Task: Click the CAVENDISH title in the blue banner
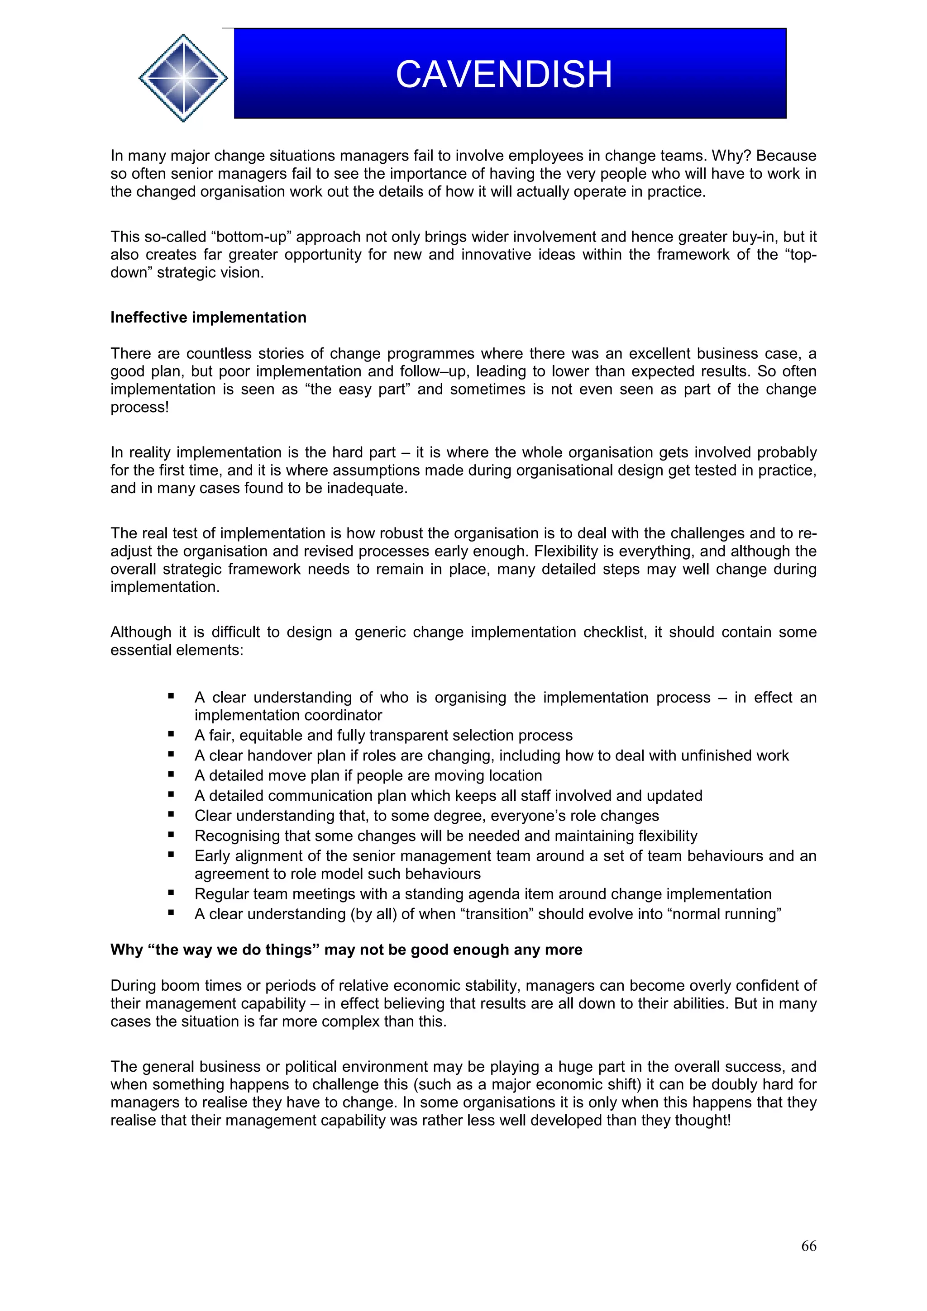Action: [503, 75]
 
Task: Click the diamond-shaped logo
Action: [183, 78]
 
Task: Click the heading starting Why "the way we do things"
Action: [346, 950]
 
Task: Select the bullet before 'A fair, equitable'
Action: [171, 734]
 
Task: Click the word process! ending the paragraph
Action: [139, 407]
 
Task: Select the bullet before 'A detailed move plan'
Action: [171, 774]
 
